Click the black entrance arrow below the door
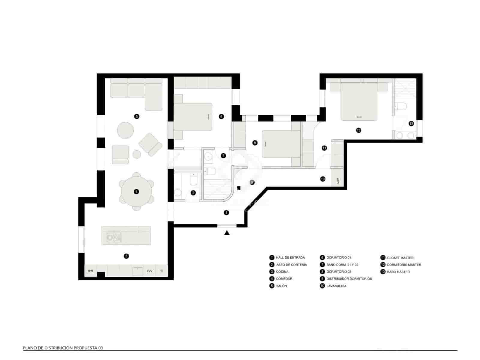(x=227, y=232)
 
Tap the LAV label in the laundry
(x=338, y=181)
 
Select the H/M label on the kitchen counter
(x=90, y=271)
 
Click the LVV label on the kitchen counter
(x=149, y=271)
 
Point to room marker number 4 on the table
(x=136, y=191)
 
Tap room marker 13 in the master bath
(x=411, y=124)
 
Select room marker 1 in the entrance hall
(x=226, y=212)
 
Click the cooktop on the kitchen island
(x=114, y=238)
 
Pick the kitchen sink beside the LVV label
(x=137, y=271)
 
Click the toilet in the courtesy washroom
(x=193, y=181)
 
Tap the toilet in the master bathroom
(x=400, y=106)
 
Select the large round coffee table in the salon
(x=125, y=130)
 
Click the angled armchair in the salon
(x=151, y=145)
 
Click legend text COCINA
(x=282, y=271)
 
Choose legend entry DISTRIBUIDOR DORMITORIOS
(x=349, y=279)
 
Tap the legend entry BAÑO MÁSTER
(x=398, y=272)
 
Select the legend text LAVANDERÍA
(x=336, y=286)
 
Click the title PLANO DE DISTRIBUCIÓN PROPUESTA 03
(x=63, y=348)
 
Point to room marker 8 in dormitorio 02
(x=255, y=143)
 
